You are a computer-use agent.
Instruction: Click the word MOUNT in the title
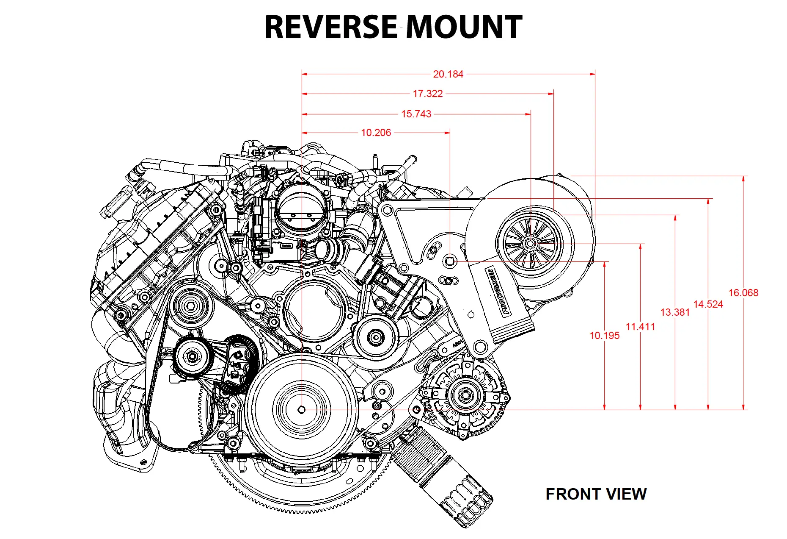point(464,27)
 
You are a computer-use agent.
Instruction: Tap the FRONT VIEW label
point(596,494)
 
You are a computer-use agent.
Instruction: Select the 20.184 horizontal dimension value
point(448,74)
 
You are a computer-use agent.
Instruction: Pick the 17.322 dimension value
point(428,94)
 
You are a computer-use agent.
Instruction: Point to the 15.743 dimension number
point(416,114)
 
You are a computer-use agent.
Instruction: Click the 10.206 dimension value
point(376,133)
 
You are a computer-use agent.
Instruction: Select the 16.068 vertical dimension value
point(743,293)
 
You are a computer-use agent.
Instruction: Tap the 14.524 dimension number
point(708,304)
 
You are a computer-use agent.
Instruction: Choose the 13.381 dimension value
point(675,312)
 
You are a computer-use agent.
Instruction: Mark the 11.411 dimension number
point(640,327)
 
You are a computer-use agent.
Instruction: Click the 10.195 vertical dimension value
point(604,336)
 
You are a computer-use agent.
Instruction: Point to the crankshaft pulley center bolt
point(302,410)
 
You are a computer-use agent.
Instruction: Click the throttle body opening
point(301,210)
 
